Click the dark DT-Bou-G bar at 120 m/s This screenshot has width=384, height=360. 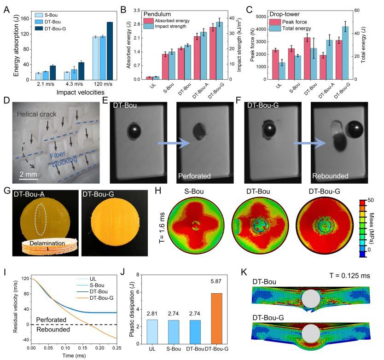(x=110, y=51)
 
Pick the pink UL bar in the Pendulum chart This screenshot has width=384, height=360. (x=149, y=78)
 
